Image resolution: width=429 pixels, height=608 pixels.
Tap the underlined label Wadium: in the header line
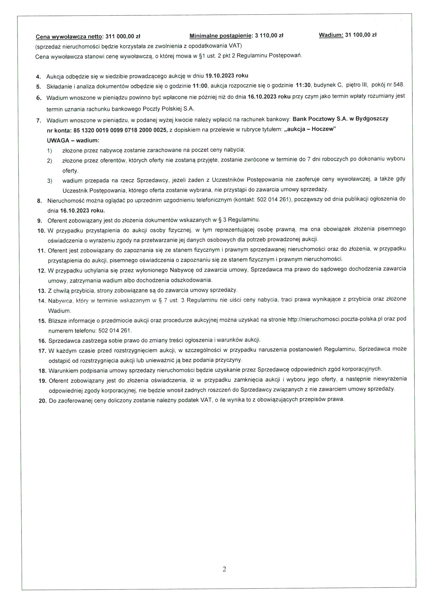coord(331,35)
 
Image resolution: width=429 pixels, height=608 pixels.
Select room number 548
coord(399,85)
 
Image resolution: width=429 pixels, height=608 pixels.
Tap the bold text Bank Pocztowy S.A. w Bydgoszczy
coord(341,119)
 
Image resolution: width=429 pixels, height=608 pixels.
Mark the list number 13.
coord(42,291)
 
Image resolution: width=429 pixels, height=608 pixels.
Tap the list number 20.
coord(43,401)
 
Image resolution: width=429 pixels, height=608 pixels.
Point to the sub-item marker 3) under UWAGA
coord(50,181)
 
